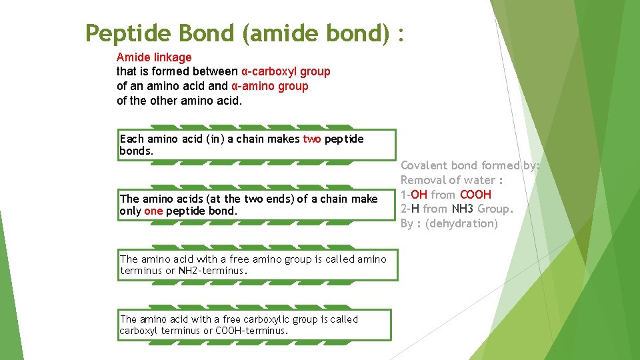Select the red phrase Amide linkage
[x=154, y=57]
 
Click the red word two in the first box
[x=312, y=139]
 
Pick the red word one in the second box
[x=153, y=211]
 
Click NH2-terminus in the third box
[x=213, y=271]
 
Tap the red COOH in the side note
[x=476, y=195]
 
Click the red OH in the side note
[x=419, y=195]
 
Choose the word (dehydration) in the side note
[x=462, y=224]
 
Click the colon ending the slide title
[x=401, y=32]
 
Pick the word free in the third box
[x=230, y=259]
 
